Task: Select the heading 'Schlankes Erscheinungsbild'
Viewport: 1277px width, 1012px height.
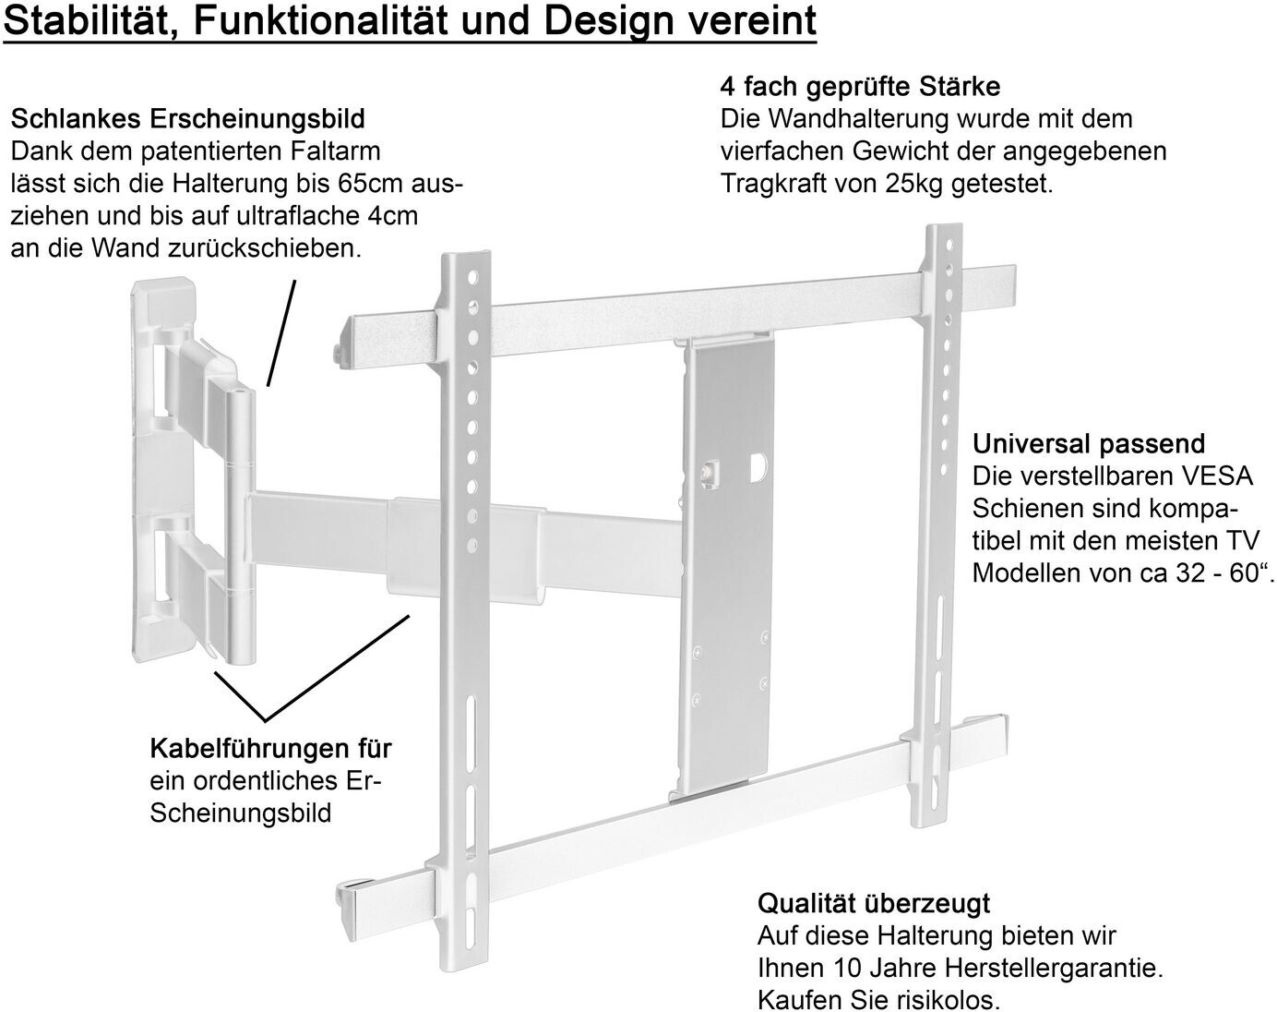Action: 187,119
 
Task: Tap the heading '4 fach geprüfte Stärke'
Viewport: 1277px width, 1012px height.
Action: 860,87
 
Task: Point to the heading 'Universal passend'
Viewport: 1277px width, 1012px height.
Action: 1089,444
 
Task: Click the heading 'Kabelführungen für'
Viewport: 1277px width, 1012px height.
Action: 270,748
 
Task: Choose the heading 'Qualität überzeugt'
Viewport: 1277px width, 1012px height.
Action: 873,903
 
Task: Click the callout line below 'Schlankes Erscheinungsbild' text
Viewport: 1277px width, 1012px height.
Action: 280,332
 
